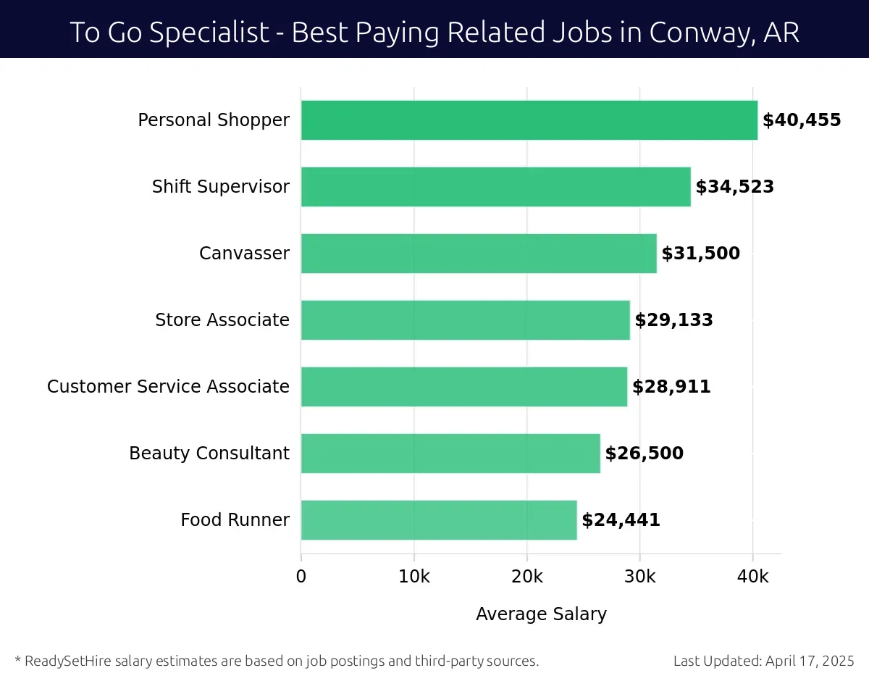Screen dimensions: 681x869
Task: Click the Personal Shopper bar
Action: tap(529, 120)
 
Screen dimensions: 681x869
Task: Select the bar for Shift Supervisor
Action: tap(495, 187)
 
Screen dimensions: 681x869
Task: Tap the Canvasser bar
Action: tap(479, 254)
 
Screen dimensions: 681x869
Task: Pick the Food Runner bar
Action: tap(439, 520)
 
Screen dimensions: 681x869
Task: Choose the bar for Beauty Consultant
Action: tap(450, 454)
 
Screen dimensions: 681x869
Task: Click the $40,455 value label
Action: tap(802, 120)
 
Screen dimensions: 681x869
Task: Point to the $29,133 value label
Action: tap(673, 320)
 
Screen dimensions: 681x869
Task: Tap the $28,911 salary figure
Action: tap(671, 387)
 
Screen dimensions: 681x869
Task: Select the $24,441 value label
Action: tap(621, 520)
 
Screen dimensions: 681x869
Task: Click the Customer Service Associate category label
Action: tap(168, 387)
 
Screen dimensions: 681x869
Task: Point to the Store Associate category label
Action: tap(222, 320)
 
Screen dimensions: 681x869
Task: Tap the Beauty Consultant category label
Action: tap(209, 454)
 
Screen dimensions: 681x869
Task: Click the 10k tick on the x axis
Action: tap(414, 577)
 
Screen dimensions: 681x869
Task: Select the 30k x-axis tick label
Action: tap(640, 577)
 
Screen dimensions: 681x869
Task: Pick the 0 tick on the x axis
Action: tap(301, 577)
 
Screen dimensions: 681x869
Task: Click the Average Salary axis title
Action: tap(541, 614)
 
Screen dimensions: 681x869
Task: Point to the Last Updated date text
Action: tap(764, 661)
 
